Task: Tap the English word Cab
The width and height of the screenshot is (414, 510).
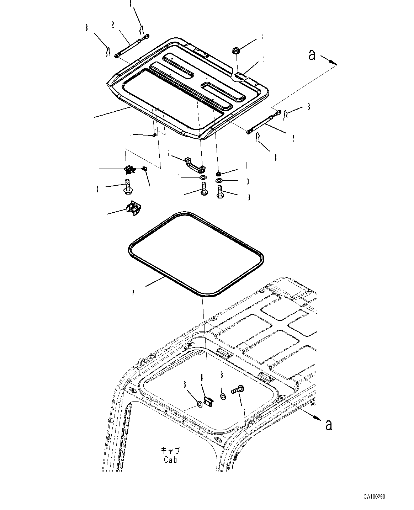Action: [170, 459]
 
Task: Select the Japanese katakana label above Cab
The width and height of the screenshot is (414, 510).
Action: [170, 450]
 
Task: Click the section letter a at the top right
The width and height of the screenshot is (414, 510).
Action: [312, 55]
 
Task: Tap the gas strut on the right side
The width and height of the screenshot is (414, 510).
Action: [263, 123]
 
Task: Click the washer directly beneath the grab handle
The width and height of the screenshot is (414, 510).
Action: [203, 177]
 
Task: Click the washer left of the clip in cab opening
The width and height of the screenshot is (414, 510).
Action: [200, 404]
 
